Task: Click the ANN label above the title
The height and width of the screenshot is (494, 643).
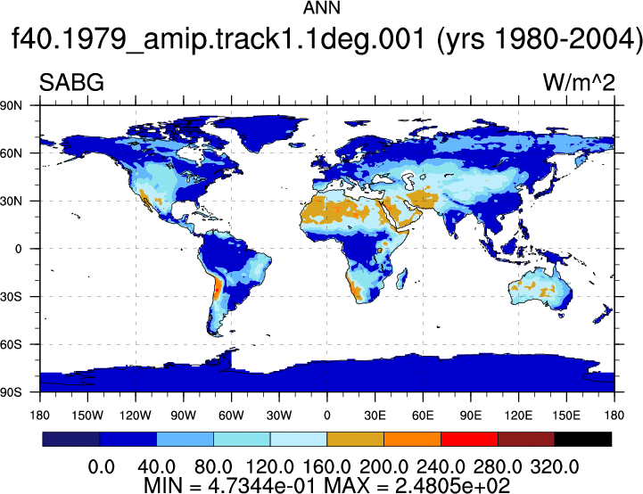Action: tap(321, 8)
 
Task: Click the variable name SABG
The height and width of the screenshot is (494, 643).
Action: tap(71, 82)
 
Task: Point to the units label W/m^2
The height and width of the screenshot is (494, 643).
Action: tap(579, 82)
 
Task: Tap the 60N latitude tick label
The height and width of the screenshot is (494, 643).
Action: tap(11, 153)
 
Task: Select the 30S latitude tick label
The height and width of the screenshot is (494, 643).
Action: tap(11, 296)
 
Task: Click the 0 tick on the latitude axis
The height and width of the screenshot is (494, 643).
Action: tap(18, 249)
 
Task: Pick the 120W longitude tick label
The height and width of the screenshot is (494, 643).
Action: tap(136, 416)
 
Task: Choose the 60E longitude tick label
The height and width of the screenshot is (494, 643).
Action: tap(423, 416)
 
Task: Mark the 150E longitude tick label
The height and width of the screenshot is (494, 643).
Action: tap(566, 416)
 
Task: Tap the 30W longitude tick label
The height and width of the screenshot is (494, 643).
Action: tap(279, 416)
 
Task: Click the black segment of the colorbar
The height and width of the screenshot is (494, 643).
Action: tap(582, 439)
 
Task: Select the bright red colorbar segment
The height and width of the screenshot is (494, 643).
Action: tap(469, 439)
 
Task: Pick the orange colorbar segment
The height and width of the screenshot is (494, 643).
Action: tap(412, 439)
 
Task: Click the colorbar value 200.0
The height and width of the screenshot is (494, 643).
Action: tap(383, 467)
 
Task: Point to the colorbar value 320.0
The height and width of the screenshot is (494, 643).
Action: tap(555, 467)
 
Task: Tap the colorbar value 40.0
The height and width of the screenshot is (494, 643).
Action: tap(156, 467)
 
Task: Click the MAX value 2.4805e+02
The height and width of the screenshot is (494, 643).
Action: tap(452, 485)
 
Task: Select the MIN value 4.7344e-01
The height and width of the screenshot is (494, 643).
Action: tap(262, 485)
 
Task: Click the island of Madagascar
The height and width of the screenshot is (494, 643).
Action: tap(402, 279)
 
